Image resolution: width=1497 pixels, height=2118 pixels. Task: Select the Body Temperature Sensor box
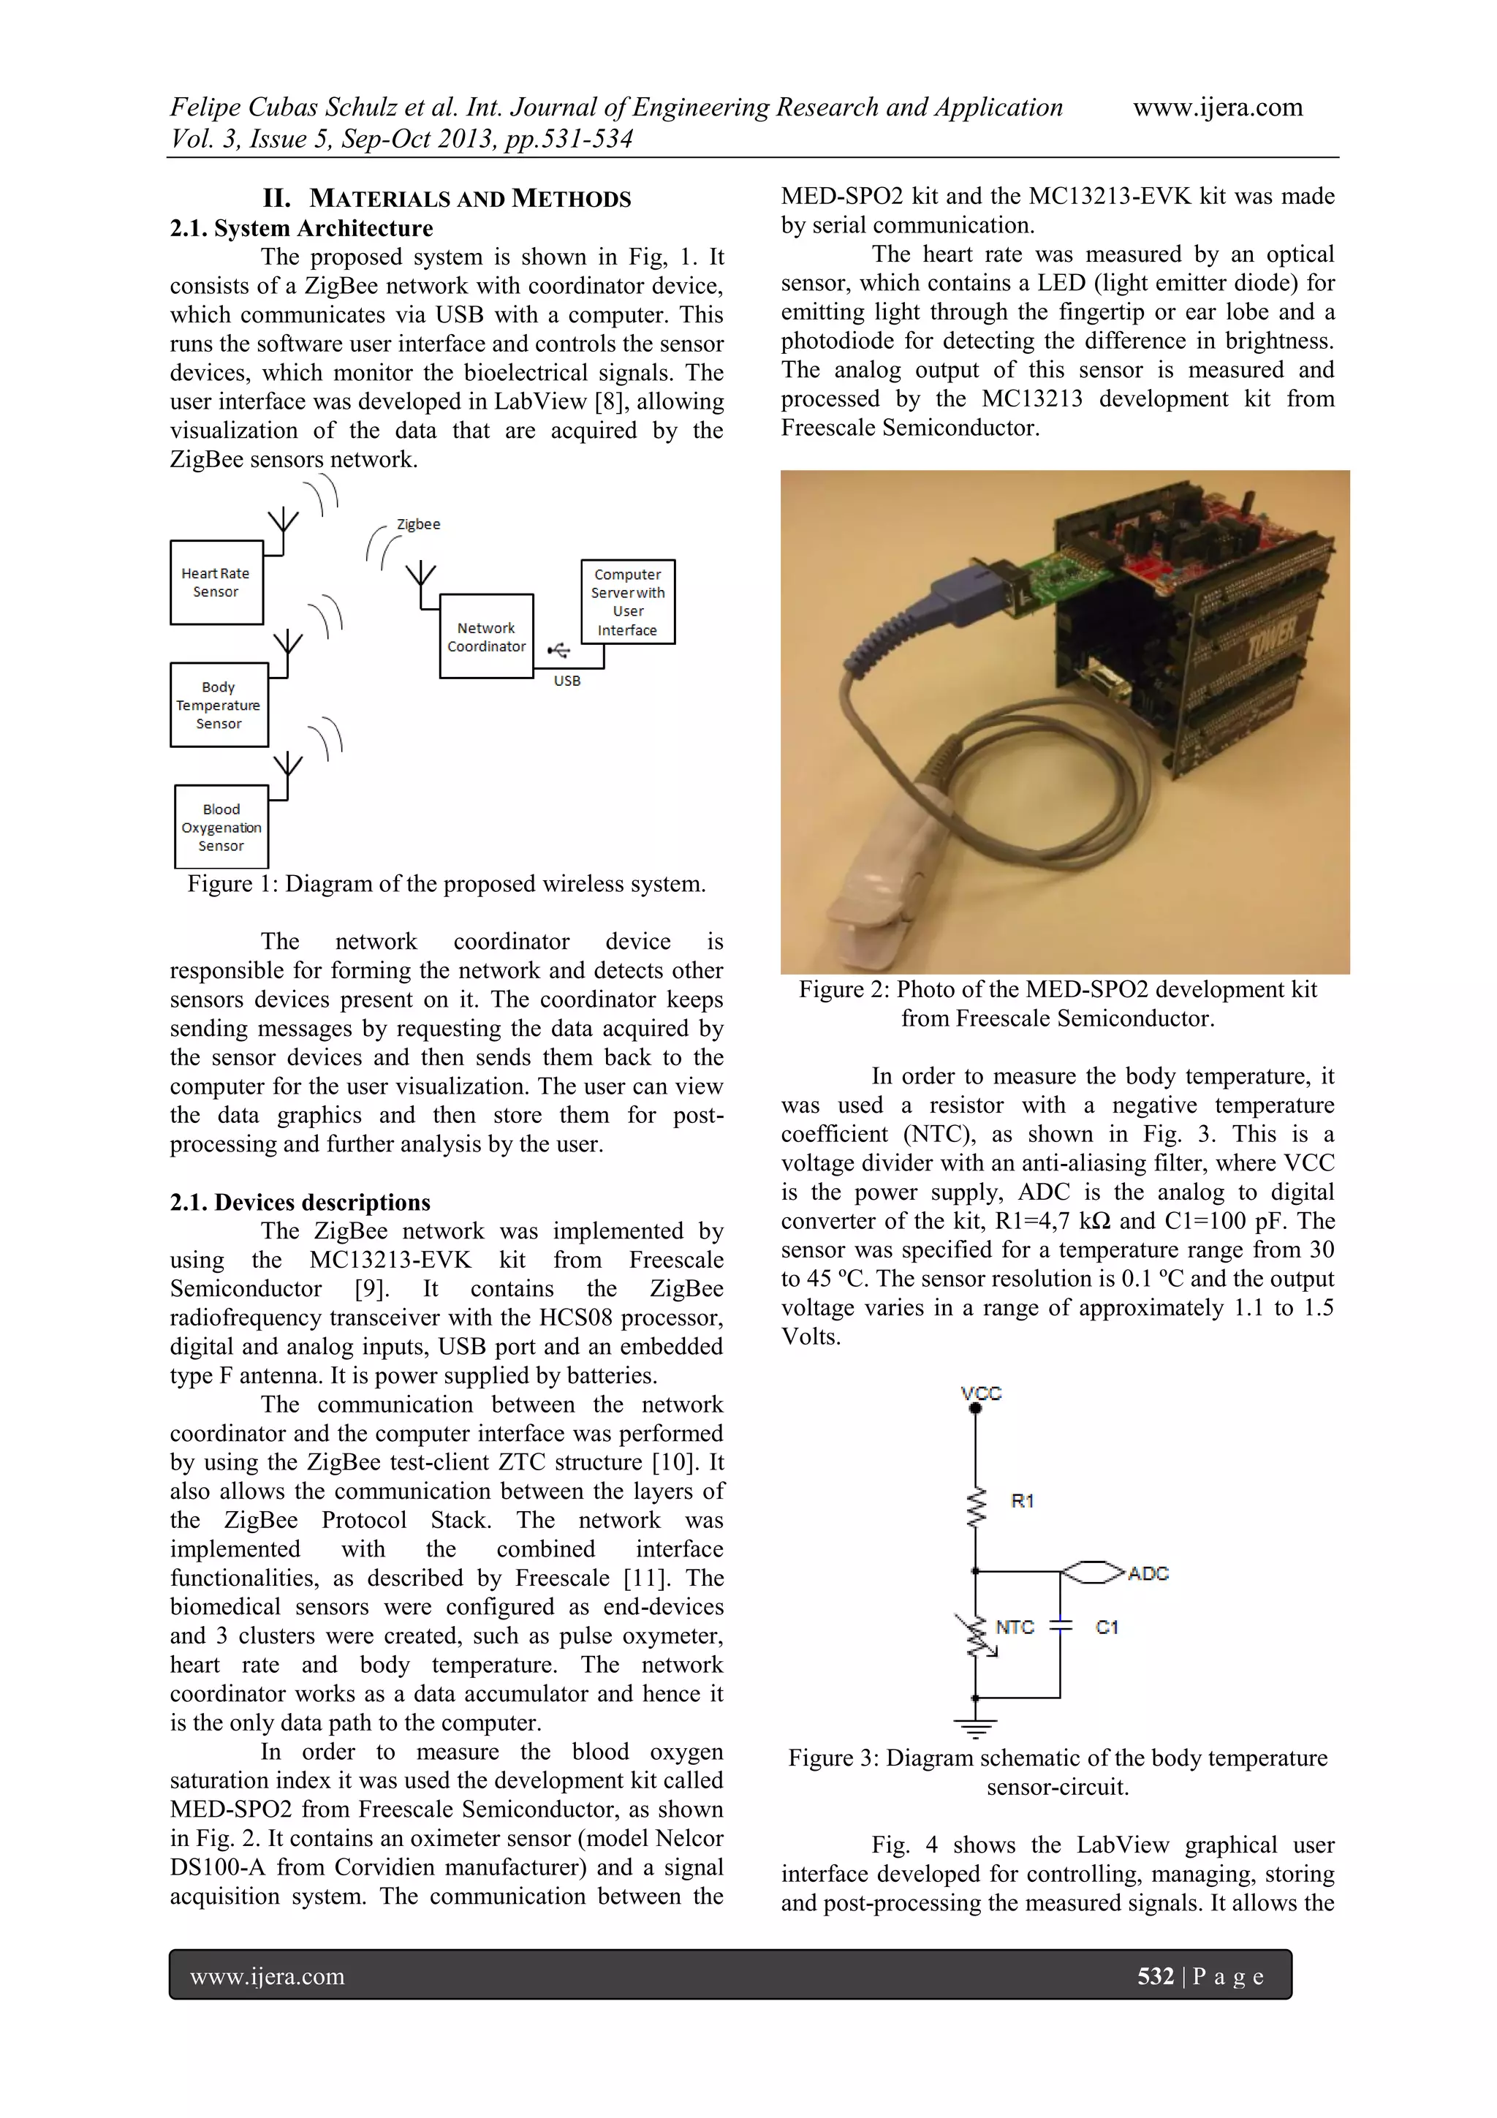[219, 706]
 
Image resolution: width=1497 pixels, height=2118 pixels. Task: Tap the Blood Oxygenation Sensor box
[221, 828]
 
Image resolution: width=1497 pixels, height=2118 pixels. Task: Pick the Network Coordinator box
[486, 638]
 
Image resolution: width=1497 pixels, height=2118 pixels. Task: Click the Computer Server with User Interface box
[628, 602]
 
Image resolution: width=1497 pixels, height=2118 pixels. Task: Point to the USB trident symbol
[559, 651]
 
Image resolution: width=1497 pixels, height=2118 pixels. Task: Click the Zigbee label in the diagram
[418, 524]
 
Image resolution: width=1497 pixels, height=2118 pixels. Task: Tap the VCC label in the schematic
[980, 1393]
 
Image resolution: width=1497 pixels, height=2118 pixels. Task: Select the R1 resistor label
[1022, 1501]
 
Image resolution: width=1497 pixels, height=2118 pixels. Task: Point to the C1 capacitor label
[1107, 1627]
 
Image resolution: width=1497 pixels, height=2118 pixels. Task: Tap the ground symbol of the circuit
[976, 1728]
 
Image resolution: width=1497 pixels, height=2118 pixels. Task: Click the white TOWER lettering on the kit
[1272, 637]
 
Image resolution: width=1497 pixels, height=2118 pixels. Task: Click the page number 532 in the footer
[1155, 1976]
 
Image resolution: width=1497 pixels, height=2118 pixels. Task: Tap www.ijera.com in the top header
[1218, 108]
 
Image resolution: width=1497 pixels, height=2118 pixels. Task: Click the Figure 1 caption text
[447, 884]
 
